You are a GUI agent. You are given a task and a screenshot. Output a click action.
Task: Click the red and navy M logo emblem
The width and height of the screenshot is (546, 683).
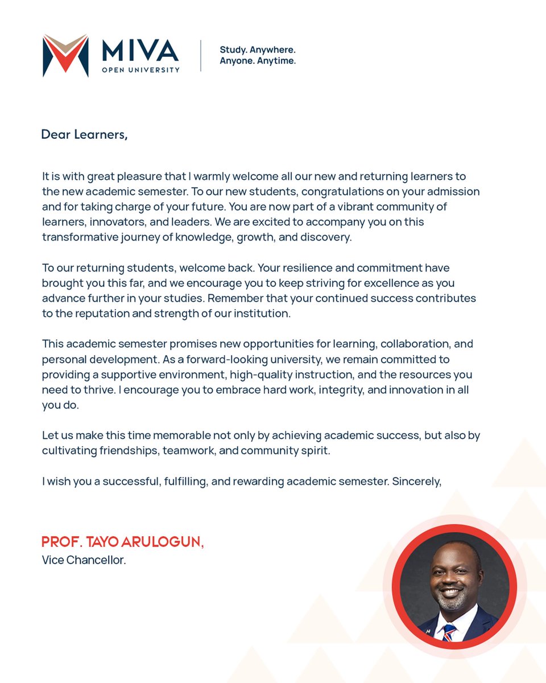pyautogui.click(x=65, y=55)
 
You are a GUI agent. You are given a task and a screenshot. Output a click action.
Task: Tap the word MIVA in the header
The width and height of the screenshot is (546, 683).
pyautogui.click(x=140, y=51)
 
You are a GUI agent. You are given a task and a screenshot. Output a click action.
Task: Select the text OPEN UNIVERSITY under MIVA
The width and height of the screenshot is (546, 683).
pyautogui.click(x=140, y=70)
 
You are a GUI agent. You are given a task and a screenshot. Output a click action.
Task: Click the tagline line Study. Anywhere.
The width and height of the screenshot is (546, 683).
pyautogui.click(x=258, y=50)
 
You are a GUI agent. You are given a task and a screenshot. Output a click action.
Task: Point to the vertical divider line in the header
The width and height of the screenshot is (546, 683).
pyautogui.click(x=201, y=56)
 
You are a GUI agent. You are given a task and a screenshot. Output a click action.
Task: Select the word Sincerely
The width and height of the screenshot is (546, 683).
pyautogui.click(x=417, y=481)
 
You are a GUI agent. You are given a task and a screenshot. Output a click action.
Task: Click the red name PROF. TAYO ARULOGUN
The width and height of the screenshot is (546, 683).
pyautogui.click(x=122, y=542)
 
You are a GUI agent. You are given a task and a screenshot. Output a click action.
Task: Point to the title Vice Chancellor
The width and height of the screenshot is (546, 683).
pyautogui.click(x=84, y=560)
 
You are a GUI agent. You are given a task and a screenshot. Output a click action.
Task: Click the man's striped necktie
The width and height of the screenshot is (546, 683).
pyautogui.click(x=449, y=632)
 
